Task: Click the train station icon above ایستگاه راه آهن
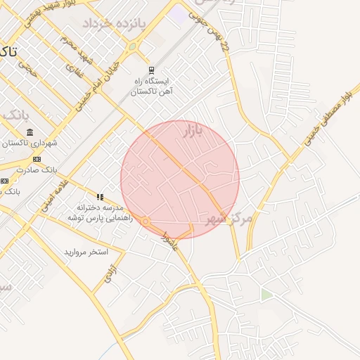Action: click(x=151, y=70)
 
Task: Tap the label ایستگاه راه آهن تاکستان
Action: click(x=153, y=86)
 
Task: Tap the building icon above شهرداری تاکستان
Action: click(x=30, y=132)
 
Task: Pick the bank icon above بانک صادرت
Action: click(x=37, y=159)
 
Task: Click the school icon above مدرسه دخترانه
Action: click(x=100, y=197)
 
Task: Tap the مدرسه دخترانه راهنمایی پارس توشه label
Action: click(x=96, y=214)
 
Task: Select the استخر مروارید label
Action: click(x=86, y=251)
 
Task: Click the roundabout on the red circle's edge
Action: click(x=146, y=222)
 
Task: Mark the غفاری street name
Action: click(x=73, y=71)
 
